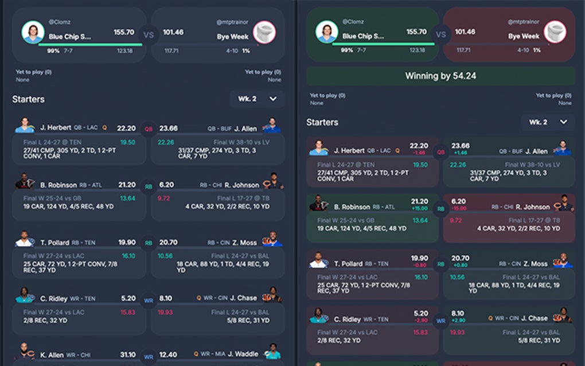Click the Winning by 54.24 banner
440,76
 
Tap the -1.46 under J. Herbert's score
420,153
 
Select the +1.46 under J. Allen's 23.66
461,153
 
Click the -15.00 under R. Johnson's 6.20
459,209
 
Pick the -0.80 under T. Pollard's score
420,266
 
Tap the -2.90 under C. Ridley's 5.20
420,321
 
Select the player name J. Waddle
245,355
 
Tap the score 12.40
169,355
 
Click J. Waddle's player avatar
273,353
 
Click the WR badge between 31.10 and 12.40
149,356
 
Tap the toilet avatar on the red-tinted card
554,32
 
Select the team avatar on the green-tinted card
327,32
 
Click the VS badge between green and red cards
440,34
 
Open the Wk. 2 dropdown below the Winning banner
548,122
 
